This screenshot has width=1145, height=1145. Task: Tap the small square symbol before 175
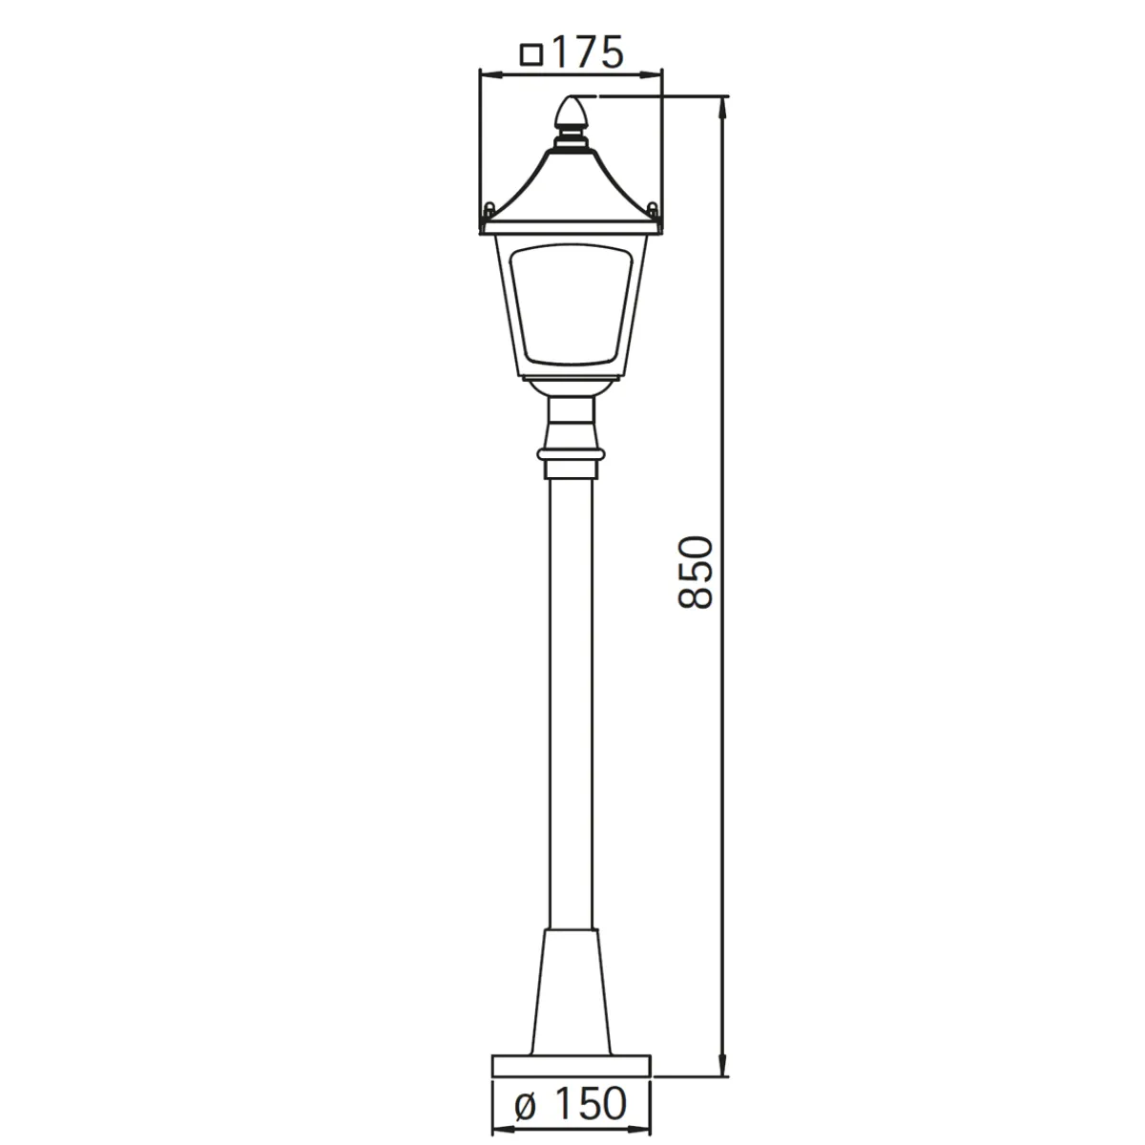(x=531, y=54)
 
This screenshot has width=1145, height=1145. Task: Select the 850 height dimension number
(x=696, y=572)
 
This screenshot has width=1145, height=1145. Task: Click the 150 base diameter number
(x=591, y=1103)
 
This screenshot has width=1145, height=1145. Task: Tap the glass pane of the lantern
(x=571, y=304)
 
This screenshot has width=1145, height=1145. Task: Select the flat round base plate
(x=571, y=1066)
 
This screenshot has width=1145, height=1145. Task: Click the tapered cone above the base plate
(x=571, y=991)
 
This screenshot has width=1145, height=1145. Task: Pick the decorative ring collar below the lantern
(x=571, y=454)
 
